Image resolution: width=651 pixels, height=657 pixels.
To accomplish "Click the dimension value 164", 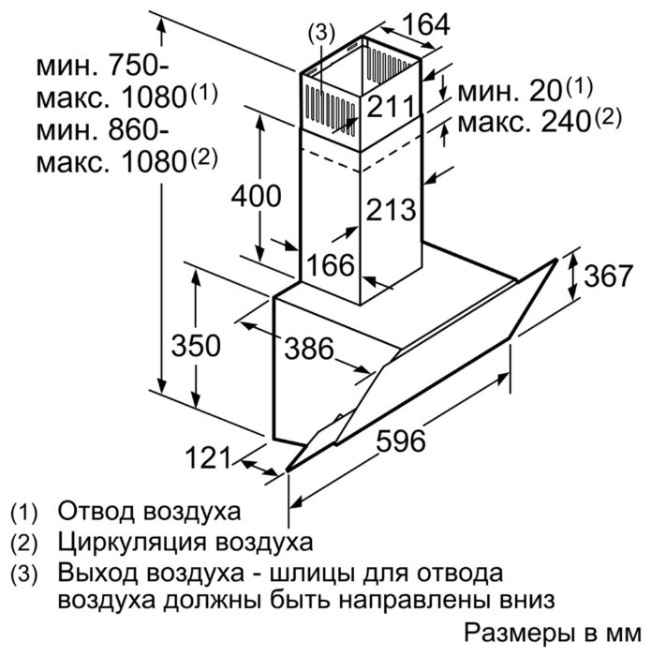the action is tap(427, 24).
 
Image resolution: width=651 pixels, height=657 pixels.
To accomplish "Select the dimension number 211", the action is tap(391, 106).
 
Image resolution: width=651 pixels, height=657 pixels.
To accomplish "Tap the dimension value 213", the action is tap(391, 209).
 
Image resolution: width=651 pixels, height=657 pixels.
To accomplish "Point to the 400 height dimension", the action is tap(257, 195).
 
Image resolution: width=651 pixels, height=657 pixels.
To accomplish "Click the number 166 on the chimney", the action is tap(331, 265).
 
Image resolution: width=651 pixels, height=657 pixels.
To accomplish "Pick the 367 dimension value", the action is tap(608, 276).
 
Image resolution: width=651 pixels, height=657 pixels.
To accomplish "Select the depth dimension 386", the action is tap(309, 348).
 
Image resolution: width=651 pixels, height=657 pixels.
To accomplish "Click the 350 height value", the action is tap(196, 345).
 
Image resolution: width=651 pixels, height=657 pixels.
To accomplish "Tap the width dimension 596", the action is tap(401, 440).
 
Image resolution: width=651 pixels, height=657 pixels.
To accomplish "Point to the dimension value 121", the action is tap(208, 457).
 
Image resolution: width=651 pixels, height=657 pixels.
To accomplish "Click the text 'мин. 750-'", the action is tap(103, 66).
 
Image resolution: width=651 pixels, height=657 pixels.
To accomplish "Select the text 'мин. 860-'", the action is tap(103, 130).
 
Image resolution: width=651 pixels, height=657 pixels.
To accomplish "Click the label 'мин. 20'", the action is tap(509, 92).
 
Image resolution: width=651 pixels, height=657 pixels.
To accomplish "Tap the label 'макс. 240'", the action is tap(524, 123).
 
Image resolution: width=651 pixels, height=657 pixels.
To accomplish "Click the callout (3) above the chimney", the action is tap(321, 34).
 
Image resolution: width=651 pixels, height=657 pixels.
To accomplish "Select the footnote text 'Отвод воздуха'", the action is tap(149, 512).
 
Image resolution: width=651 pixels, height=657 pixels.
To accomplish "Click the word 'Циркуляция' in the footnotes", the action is tap(132, 543).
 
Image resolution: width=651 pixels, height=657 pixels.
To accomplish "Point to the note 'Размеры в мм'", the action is tap(553, 633).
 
